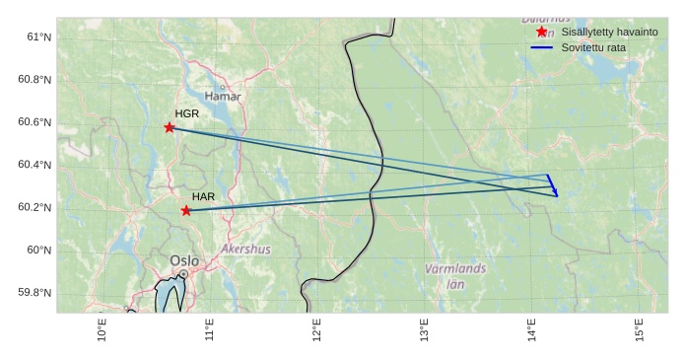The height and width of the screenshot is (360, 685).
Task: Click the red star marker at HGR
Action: pyautogui.click(x=170, y=127)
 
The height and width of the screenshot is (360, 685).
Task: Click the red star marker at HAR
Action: pyautogui.click(x=186, y=210)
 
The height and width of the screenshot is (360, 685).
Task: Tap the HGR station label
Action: pyautogui.click(x=187, y=114)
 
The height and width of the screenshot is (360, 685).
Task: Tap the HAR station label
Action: pyautogui.click(x=204, y=197)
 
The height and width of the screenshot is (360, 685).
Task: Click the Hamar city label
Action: pyautogui.click(x=223, y=97)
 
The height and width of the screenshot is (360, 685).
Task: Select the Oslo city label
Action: pyautogui.click(x=183, y=260)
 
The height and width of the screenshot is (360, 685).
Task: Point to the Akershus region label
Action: pyautogui.click(x=245, y=250)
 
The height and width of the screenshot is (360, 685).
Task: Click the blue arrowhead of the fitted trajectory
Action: pyautogui.click(x=556, y=193)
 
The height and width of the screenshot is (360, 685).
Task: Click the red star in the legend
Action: pyautogui.click(x=541, y=32)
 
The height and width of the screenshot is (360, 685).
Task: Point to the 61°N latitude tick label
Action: pyautogui.click(x=35, y=36)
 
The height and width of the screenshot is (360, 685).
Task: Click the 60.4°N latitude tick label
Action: pyautogui.click(x=33, y=165)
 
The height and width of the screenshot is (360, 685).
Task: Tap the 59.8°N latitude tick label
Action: pyautogui.click(x=33, y=293)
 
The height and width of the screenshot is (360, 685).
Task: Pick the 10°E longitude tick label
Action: pyautogui.click(x=102, y=331)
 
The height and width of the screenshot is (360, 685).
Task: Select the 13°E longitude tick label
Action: pyautogui.click(x=424, y=331)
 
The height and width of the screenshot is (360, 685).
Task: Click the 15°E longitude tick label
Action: pyautogui.click(x=639, y=331)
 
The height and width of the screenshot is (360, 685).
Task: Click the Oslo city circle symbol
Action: pyautogui.click(x=183, y=274)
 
